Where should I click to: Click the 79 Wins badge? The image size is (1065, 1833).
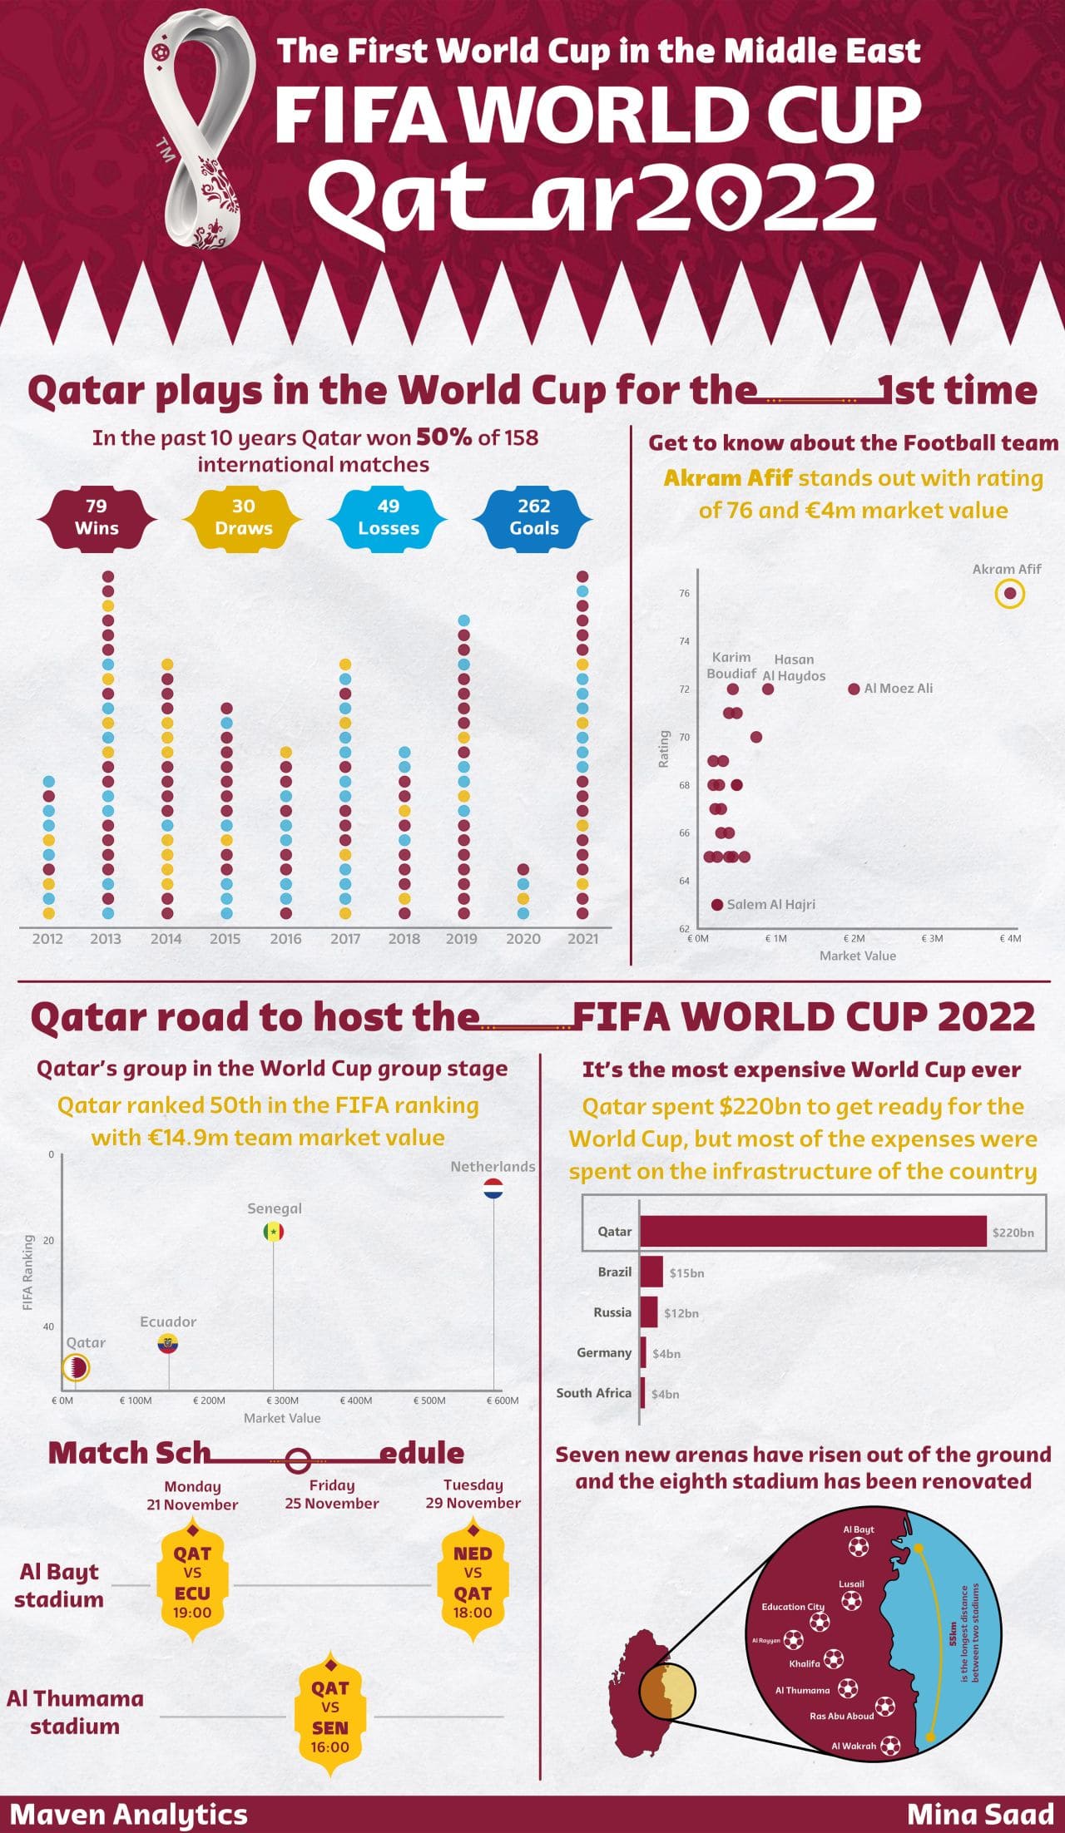pyautogui.click(x=97, y=517)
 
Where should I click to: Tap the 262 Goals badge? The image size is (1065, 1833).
pyautogui.click(x=533, y=517)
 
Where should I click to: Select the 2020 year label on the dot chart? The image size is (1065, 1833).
pyautogui.click(x=523, y=938)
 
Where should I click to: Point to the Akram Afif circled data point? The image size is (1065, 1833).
pyautogui.click(x=1009, y=594)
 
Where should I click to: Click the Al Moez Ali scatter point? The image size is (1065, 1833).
pyautogui.click(x=854, y=689)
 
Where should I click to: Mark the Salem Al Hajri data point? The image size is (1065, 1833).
pyautogui.click(x=717, y=904)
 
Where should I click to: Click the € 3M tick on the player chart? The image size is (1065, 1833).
pyautogui.click(x=932, y=938)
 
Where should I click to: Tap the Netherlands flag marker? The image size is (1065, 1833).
pyautogui.click(x=493, y=1188)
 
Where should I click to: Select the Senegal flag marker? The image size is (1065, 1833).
pyautogui.click(x=274, y=1232)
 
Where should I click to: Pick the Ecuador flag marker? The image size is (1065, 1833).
pyautogui.click(x=168, y=1343)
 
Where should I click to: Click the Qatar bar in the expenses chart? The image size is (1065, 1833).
pyautogui.click(x=813, y=1232)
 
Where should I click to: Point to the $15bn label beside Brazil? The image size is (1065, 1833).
pyautogui.click(x=686, y=1272)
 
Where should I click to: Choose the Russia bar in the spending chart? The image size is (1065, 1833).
pyautogui.click(x=649, y=1312)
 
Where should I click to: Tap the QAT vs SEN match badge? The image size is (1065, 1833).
pyautogui.click(x=330, y=1717)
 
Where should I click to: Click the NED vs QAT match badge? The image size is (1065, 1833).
pyautogui.click(x=473, y=1583)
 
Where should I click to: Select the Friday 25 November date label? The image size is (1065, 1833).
pyautogui.click(x=331, y=1494)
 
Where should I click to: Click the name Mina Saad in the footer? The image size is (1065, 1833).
pyautogui.click(x=980, y=1814)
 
